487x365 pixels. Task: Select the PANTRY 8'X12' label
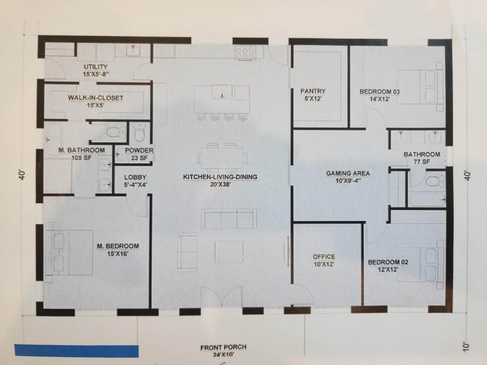tap(313, 95)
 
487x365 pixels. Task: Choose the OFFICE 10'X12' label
tap(324, 260)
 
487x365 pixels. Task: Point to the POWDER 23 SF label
tap(139, 154)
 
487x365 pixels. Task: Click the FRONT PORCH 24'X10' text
tap(223, 351)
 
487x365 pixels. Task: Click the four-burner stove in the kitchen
tap(245, 53)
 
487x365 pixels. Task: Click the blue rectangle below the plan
tap(76, 351)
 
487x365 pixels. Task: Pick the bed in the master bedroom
tap(69, 252)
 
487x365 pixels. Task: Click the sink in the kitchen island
tap(222, 92)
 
